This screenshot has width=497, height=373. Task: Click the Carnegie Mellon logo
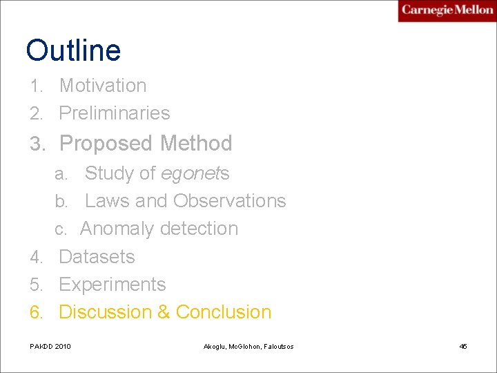click(447, 10)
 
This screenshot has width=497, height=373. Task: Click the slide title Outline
click(73, 50)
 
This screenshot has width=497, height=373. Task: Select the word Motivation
click(103, 86)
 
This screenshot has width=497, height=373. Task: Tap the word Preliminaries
click(115, 113)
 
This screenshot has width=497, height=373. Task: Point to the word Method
click(196, 144)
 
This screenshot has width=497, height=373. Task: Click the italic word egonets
click(195, 173)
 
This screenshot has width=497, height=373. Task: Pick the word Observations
click(230, 201)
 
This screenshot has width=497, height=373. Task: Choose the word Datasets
click(97, 257)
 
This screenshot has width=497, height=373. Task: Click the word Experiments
click(113, 285)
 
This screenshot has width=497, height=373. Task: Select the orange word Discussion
click(106, 312)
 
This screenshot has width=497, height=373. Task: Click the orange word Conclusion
click(224, 312)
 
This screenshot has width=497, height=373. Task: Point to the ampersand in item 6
click(164, 312)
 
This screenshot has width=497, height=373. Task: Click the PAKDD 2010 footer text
click(50, 346)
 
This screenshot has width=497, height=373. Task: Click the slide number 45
click(463, 346)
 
